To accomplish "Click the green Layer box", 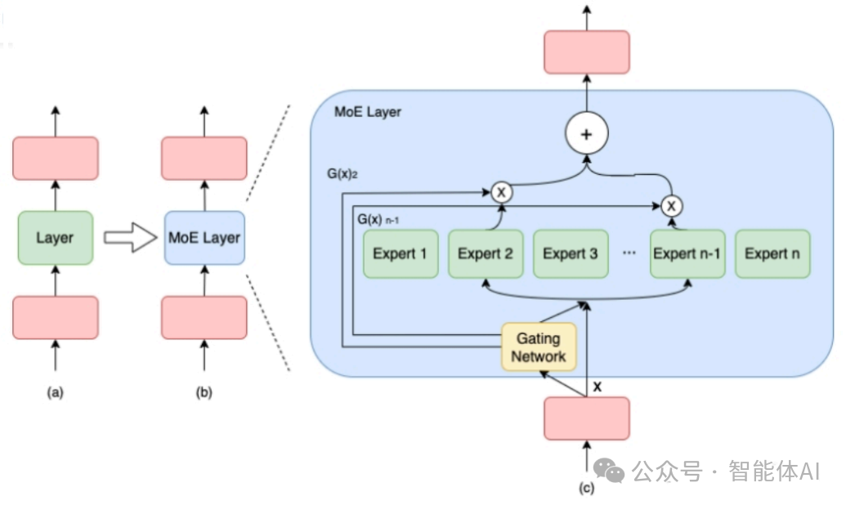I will coord(55,238).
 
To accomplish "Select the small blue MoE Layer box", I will coord(204,238).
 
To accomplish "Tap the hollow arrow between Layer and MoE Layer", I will coord(129,239).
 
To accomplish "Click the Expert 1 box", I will coord(400,253).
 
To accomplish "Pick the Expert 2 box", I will coord(485,253).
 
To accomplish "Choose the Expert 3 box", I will coord(570,253).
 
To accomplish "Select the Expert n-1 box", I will coord(687,253).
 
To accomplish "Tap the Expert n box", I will coord(772,253).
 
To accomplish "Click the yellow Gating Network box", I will coord(539,346).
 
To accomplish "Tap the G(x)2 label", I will coord(342,174).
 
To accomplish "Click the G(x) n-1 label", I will coord(378,220).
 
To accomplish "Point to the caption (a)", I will coord(55,392).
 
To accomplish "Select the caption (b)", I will coord(204,392).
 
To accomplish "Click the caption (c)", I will coord(586,489).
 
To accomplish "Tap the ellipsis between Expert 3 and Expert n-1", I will coord(629,253).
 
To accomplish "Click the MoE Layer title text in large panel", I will coord(368,111).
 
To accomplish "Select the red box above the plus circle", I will coord(586,51).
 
